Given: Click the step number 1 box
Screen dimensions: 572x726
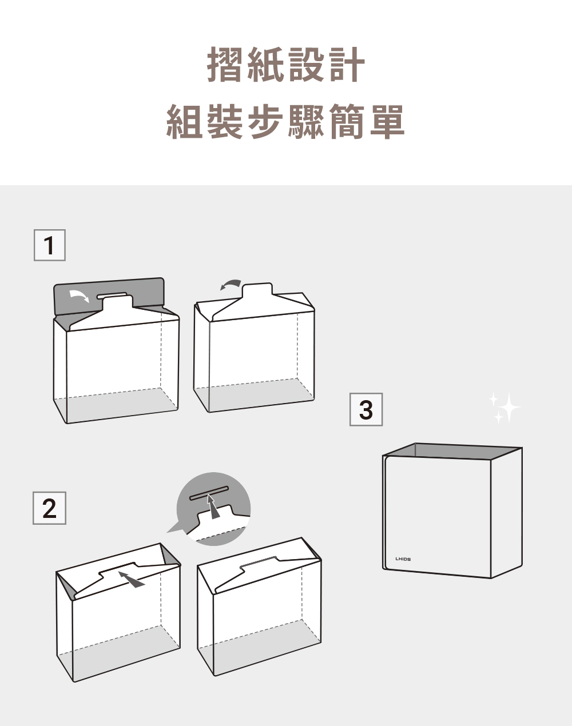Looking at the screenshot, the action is (x=50, y=245).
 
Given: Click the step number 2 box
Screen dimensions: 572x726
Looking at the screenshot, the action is (x=50, y=508).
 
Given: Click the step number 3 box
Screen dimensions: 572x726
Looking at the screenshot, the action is (x=366, y=409).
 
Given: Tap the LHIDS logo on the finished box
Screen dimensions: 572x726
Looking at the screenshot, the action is (x=403, y=559).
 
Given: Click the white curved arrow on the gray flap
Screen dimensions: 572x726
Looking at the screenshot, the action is (x=79, y=296).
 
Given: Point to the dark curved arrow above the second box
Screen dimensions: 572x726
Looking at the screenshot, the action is (x=232, y=284).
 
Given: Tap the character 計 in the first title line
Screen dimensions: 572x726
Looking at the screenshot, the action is (x=346, y=64).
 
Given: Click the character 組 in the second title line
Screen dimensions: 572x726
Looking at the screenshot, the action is (x=185, y=121).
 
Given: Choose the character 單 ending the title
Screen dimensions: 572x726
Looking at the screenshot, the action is (x=387, y=121).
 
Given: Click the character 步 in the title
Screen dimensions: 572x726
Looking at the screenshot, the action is (x=265, y=121).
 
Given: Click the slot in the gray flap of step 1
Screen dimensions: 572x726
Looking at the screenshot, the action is (x=112, y=295).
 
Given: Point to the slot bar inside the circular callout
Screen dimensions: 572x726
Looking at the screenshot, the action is (x=210, y=493).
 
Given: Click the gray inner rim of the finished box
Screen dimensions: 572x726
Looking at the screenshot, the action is (x=452, y=451).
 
